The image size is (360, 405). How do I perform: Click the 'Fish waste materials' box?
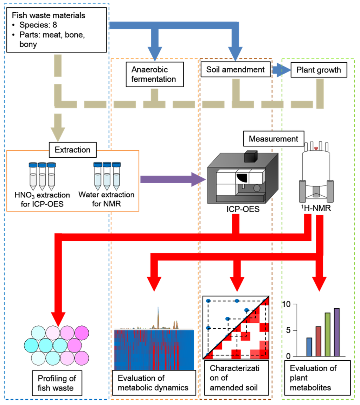(57, 30)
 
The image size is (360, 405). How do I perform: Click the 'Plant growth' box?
(319, 70)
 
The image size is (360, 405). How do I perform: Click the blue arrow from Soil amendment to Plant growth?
(281, 70)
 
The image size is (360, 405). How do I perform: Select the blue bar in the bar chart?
(309, 347)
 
